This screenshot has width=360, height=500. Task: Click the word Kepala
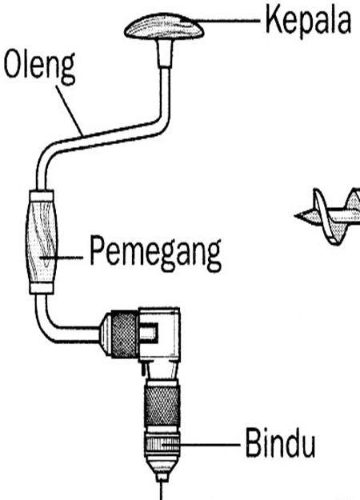tap(308, 22)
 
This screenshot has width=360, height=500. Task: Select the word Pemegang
tap(154, 254)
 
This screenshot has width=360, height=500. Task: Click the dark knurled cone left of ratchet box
tap(117, 327)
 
